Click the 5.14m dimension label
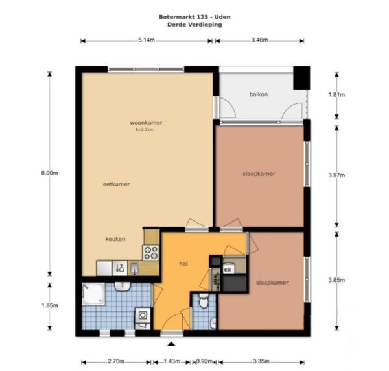click(x=147, y=40)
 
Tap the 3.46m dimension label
click(x=259, y=40)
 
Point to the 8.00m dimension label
click(x=50, y=173)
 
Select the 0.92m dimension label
click(x=204, y=361)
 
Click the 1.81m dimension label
click(x=336, y=94)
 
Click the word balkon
click(x=259, y=94)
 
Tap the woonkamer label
click(x=146, y=123)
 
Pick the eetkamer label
click(x=116, y=185)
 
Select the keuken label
click(x=115, y=239)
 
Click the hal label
click(x=183, y=264)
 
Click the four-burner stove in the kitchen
click(x=150, y=252)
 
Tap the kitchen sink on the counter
click(x=134, y=268)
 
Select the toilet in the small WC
click(x=204, y=301)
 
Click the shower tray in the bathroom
click(x=93, y=294)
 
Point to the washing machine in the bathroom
click(x=143, y=315)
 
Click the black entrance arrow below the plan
click(x=171, y=344)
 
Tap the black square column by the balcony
click(x=301, y=78)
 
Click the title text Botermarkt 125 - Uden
click(x=194, y=17)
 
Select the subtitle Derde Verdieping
click(x=194, y=25)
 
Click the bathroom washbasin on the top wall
click(x=123, y=287)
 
